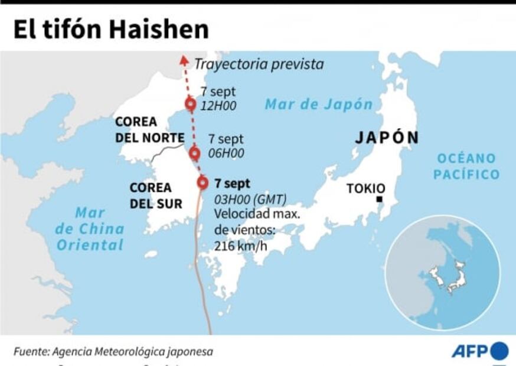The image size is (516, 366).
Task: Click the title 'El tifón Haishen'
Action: [111, 30]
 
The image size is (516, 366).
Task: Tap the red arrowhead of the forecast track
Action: [184, 60]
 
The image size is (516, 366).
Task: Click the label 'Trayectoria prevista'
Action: [259, 64]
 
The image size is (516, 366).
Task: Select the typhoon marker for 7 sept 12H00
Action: [190, 104]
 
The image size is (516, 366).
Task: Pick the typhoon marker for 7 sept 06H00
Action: [195, 153]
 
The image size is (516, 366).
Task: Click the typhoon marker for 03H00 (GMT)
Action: [203, 182]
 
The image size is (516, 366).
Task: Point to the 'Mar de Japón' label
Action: [319, 104]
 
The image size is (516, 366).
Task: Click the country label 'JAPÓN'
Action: [387, 138]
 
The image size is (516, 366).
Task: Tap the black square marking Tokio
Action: [379, 200]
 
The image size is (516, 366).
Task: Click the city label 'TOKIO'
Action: [365, 188]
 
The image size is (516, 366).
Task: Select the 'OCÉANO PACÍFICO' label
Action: [466, 166]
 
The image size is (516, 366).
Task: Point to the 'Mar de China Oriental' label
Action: [90, 229]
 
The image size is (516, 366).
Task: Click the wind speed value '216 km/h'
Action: [241, 245]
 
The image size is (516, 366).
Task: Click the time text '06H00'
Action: [226, 153]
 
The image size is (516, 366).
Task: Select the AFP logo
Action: [479, 351]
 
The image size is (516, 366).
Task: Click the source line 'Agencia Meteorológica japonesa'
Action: [132, 352]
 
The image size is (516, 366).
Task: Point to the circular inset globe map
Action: [443, 272]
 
